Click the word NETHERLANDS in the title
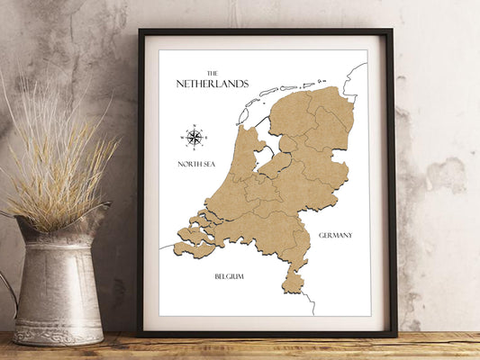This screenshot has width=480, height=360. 213,84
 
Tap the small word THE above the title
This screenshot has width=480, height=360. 213,73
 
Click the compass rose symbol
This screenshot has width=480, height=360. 194,138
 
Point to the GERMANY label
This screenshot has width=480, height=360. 335,235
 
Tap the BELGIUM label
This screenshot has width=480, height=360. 229,276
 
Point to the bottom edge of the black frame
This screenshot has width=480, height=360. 266,333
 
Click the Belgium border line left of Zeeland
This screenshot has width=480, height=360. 166,246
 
